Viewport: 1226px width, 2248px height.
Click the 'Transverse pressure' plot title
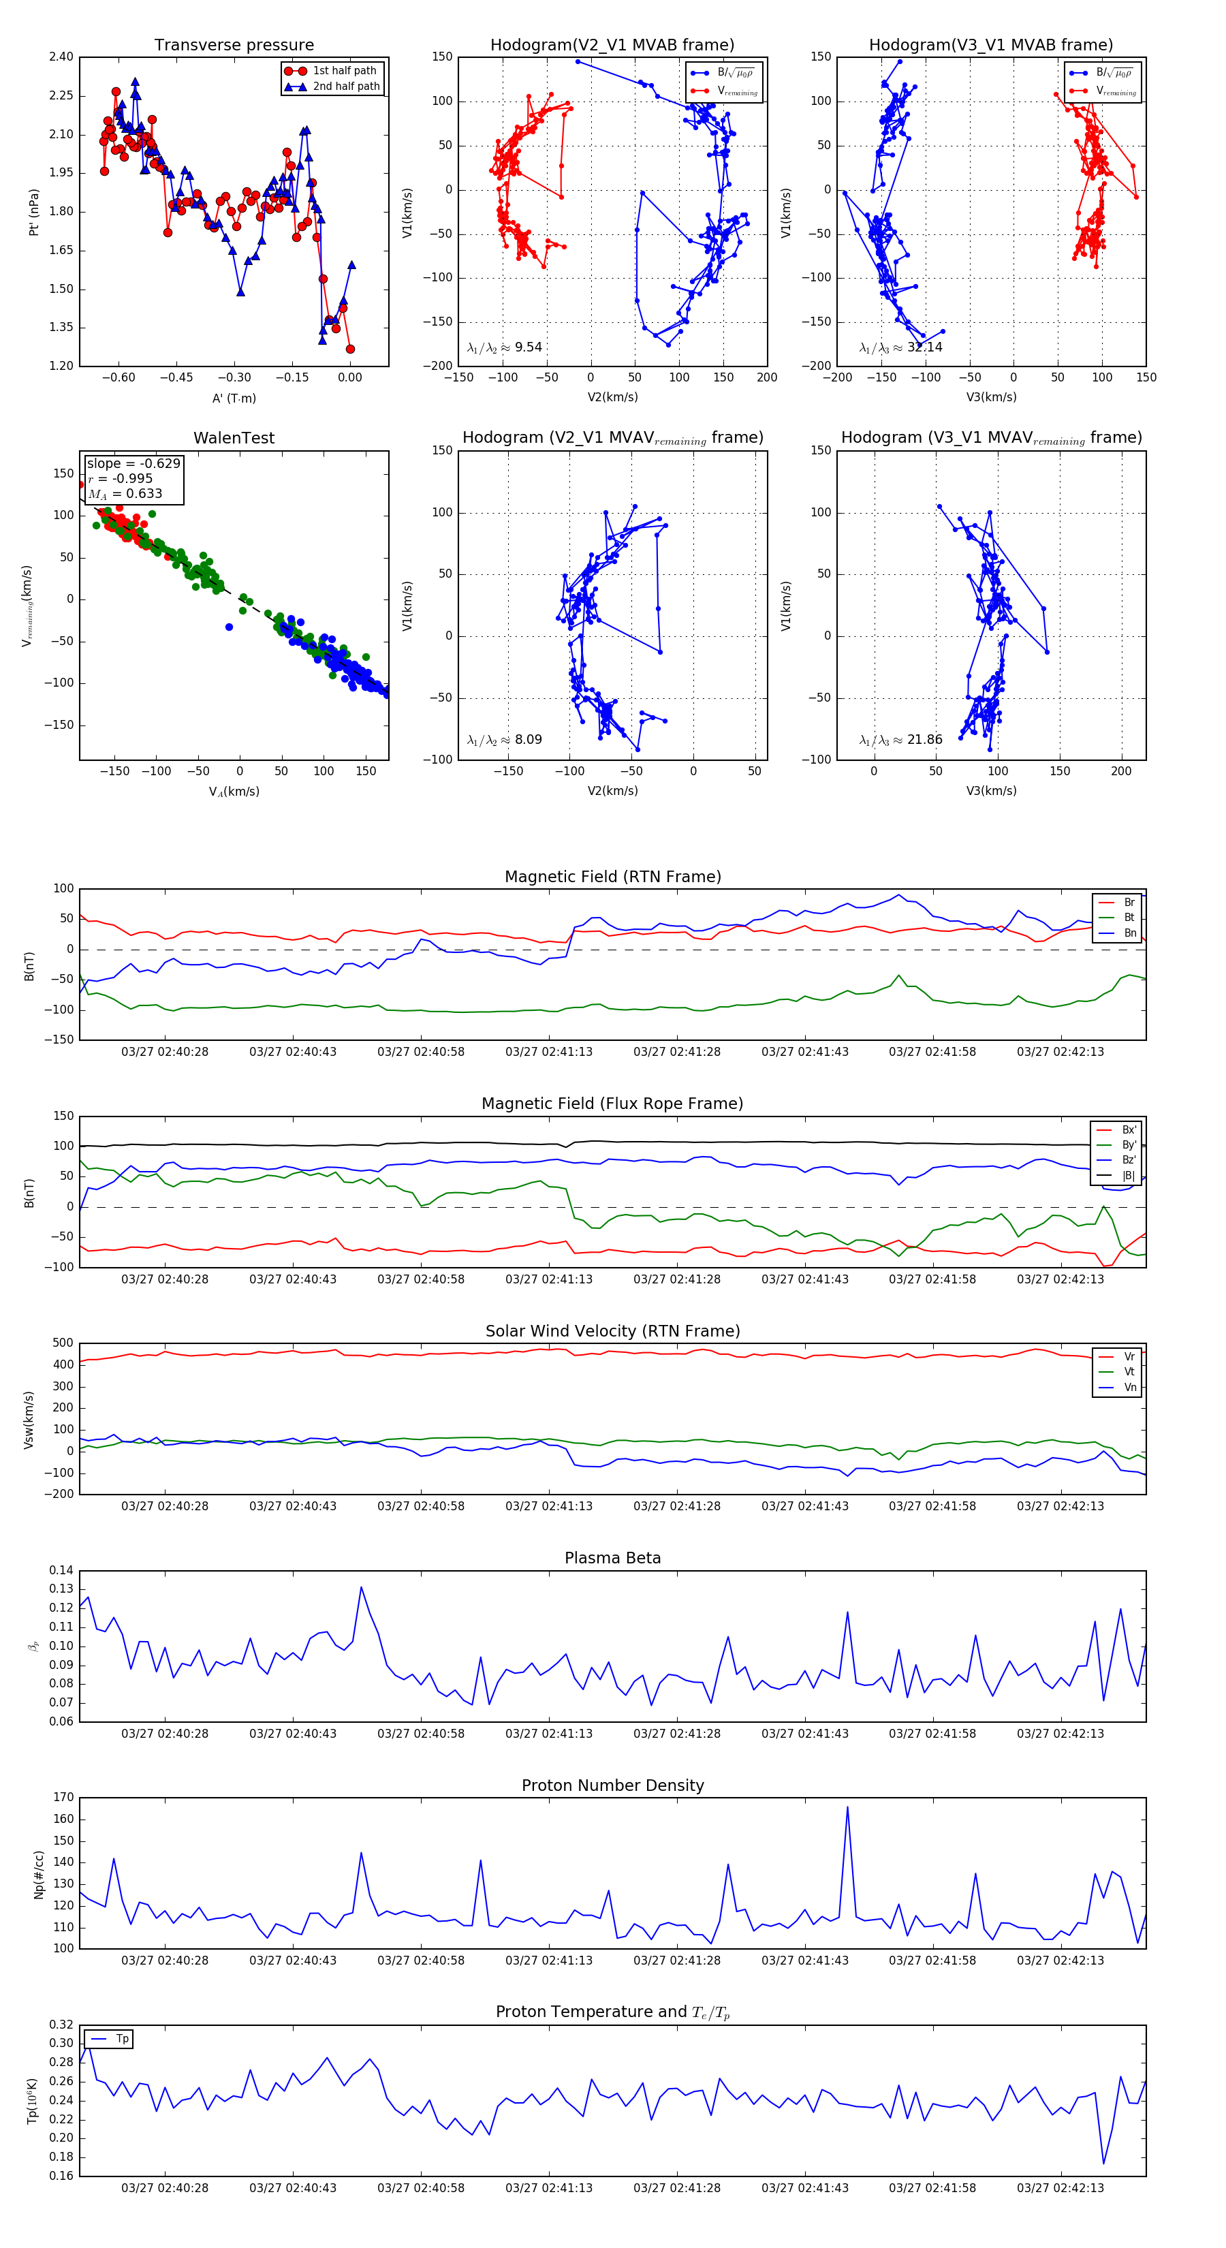[234, 46]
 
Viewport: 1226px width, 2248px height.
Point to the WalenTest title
[234, 438]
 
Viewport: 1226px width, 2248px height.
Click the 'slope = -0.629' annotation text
[133, 463]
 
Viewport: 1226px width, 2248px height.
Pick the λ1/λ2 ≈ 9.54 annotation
[504, 347]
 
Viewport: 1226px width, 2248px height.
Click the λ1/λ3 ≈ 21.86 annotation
[900, 740]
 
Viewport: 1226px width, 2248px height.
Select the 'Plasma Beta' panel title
[612, 1558]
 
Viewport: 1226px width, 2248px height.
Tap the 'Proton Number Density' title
[612, 1785]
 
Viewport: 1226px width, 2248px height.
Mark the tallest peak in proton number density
[847, 1807]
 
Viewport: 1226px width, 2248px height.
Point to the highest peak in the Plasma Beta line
[361, 1587]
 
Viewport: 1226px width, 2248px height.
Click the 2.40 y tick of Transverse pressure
[61, 57]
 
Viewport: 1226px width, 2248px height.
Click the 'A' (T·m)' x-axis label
[234, 398]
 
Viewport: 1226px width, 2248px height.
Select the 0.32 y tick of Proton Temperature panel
[61, 2025]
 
